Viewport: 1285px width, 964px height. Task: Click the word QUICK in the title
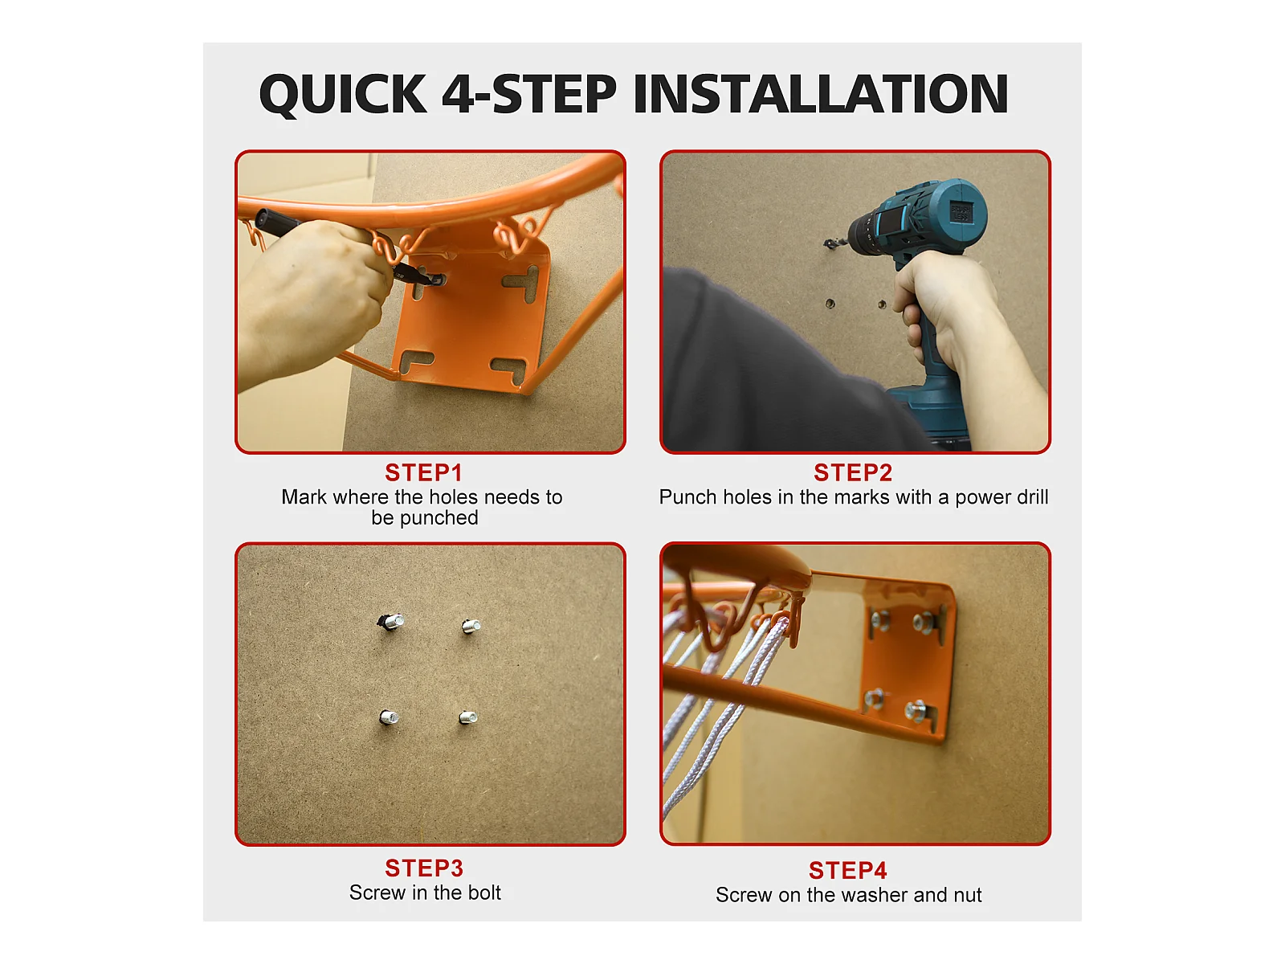click(x=343, y=94)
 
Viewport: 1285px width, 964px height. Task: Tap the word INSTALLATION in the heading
click(x=820, y=94)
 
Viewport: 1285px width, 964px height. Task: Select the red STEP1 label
click(x=424, y=472)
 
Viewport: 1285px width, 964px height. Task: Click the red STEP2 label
click(x=853, y=472)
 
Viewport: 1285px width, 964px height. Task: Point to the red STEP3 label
click(x=424, y=868)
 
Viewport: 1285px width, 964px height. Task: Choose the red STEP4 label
click(x=847, y=870)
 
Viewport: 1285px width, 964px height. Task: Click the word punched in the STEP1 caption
click(x=439, y=519)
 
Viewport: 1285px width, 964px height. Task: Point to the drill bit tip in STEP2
click(x=826, y=243)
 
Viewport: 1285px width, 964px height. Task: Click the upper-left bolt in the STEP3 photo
click(x=390, y=621)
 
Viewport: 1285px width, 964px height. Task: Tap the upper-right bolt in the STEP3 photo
click(x=471, y=627)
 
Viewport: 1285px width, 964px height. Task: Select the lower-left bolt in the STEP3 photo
click(x=390, y=717)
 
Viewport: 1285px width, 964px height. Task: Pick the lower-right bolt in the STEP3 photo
click(x=468, y=717)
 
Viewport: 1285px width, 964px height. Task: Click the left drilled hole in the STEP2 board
click(x=830, y=303)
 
